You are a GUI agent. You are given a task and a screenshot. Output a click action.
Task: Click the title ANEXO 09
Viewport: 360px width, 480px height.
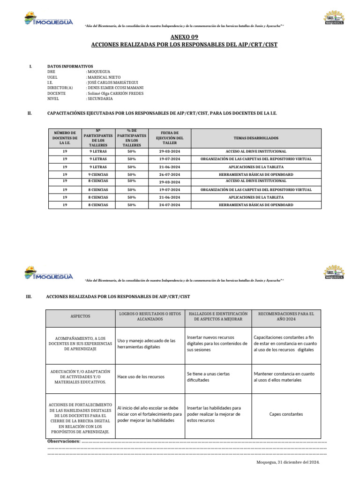pyautogui.click(x=180, y=37)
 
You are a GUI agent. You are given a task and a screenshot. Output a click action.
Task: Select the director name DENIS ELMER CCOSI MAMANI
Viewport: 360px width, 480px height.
pyautogui.click(x=115, y=88)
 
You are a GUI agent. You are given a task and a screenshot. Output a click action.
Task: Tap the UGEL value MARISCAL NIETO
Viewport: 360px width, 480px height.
pyautogui.click(x=104, y=77)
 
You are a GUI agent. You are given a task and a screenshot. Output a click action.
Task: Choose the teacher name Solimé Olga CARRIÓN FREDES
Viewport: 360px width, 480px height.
pyautogui.click(x=115, y=93)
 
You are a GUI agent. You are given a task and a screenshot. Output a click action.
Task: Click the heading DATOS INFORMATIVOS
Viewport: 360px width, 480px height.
pyautogui.click(x=70, y=66)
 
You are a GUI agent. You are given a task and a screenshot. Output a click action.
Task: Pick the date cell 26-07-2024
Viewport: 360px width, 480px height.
pyautogui.click(x=169, y=174)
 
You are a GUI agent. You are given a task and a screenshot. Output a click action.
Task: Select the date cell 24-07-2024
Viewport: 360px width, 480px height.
pyautogui.click(x=169, y=205)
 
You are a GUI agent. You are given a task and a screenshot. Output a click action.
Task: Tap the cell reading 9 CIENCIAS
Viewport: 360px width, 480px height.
pyautogui.click(x=98, y=174)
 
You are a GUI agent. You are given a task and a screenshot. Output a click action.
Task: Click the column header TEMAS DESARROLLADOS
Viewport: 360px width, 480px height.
pyautogui.click(x=256, y=138)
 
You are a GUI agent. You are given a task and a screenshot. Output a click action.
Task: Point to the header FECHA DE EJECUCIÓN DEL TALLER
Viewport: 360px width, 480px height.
pyautogui.click(x=169, y=138)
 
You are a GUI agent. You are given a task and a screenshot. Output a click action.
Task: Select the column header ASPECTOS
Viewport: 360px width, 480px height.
pyautogui.click(x=80, y=316)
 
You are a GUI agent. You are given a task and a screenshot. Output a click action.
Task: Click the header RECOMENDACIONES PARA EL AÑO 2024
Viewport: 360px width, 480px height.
pyautogui.click(x=286, y=316)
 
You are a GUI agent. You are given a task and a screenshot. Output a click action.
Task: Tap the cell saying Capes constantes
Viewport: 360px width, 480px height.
pyautogui.click(x=286, y=414)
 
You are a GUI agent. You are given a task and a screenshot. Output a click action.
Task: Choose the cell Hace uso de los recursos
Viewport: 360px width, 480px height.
pyautogui.click(x=141, y=376)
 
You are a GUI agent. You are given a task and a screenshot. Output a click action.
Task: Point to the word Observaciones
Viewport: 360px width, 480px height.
pyautogui.click(x=64, y=441)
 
